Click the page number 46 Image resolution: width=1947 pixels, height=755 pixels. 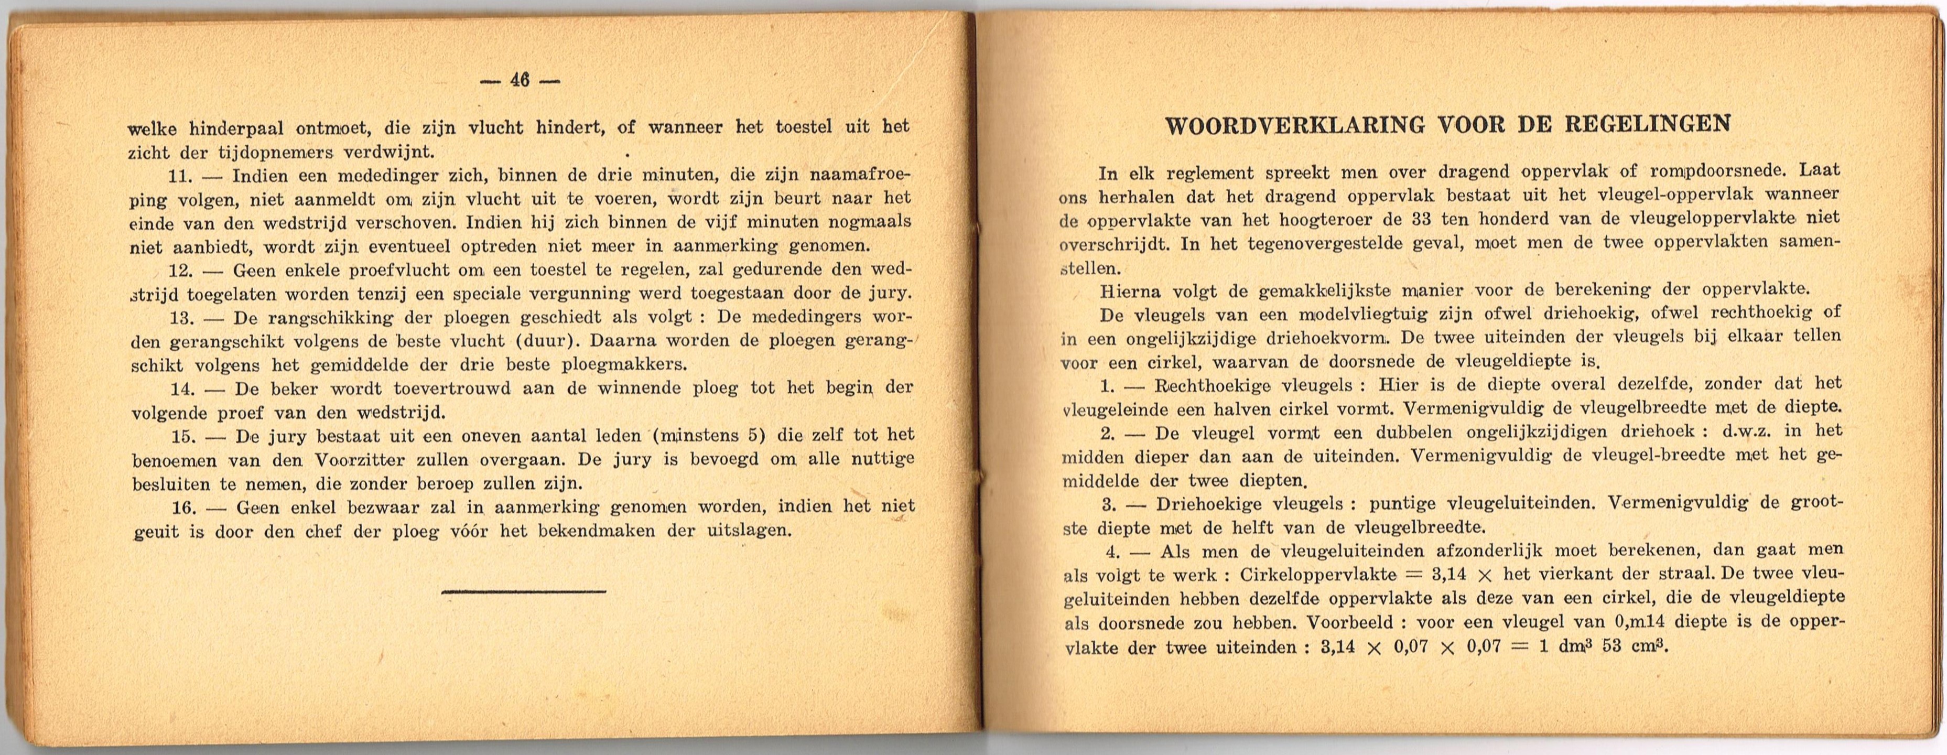[519, 80]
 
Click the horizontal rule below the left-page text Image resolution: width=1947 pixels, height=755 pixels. [523, 591]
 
